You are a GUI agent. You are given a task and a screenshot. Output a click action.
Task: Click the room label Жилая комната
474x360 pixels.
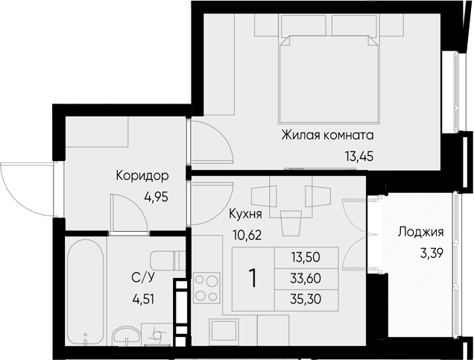(x=328, y=135)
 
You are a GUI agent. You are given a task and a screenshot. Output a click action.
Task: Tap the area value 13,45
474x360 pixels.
(x=359, y=157)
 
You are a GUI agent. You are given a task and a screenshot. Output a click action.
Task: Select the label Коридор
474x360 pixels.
(x=142, y=176)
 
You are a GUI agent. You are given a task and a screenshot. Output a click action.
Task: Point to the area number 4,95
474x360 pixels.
(x=156, y=198)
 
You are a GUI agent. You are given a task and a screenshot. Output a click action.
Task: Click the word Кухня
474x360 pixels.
(x=245, y=214)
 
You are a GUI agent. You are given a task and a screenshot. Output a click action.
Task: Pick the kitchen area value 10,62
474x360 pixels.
(x=247, y=235)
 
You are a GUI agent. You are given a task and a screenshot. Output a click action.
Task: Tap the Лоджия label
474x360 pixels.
(x=420, y=232)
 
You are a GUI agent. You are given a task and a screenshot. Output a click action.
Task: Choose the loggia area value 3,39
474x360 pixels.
(x=432, y=253)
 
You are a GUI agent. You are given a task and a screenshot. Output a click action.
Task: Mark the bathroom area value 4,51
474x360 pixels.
(x=143, y=300)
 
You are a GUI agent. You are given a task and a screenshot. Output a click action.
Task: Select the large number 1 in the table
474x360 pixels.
(x=253, y=279)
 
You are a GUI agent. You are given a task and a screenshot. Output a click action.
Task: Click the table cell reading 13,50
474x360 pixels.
(x=306, y=257)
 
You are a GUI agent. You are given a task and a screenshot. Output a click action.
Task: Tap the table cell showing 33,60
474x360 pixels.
(x=306, y=279)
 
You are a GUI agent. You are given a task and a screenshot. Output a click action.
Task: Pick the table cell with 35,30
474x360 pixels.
(x=306, y=299)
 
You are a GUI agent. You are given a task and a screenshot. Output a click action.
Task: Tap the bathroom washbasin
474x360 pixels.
(x=126, y=335)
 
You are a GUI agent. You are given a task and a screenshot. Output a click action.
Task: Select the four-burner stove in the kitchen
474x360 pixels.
(x=206, y=287)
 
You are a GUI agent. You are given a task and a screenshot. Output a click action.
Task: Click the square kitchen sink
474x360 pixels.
(x=224, y=331)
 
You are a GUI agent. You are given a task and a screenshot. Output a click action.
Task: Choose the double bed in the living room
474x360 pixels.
(x=329, y=78)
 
